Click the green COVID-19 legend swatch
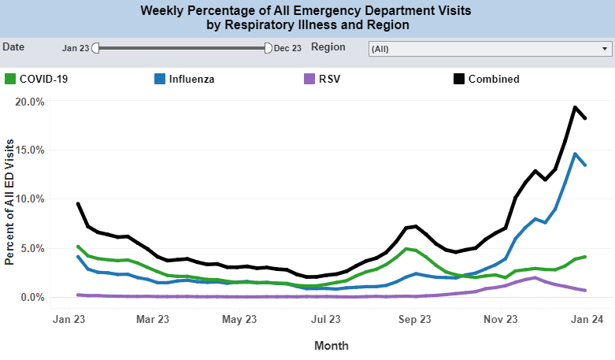tap(10, 79)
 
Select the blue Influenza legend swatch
tap(160, 79)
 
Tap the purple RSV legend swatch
tap(309, 79)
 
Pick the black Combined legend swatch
tap(459, 79)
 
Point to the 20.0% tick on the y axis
tap(29, 102)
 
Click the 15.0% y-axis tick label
tap(29, 150)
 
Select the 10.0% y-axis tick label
tap(29, 199)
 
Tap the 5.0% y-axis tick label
tap(31, 248)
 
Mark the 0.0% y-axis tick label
tap(31, 297)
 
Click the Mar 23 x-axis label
tap(153, 320)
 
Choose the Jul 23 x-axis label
tap(326, 320)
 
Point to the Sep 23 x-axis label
tap(414, 320)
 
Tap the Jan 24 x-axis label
tap(587, 320)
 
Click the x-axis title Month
tap(332, 345)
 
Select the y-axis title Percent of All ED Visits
tap(9, 199)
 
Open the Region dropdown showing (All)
tap(490, 48)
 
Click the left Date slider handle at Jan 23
tap(96, 48)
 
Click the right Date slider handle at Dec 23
tap(269, 48)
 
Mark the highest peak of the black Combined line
tap(575, 107)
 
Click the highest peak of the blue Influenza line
tap(575, 154)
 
